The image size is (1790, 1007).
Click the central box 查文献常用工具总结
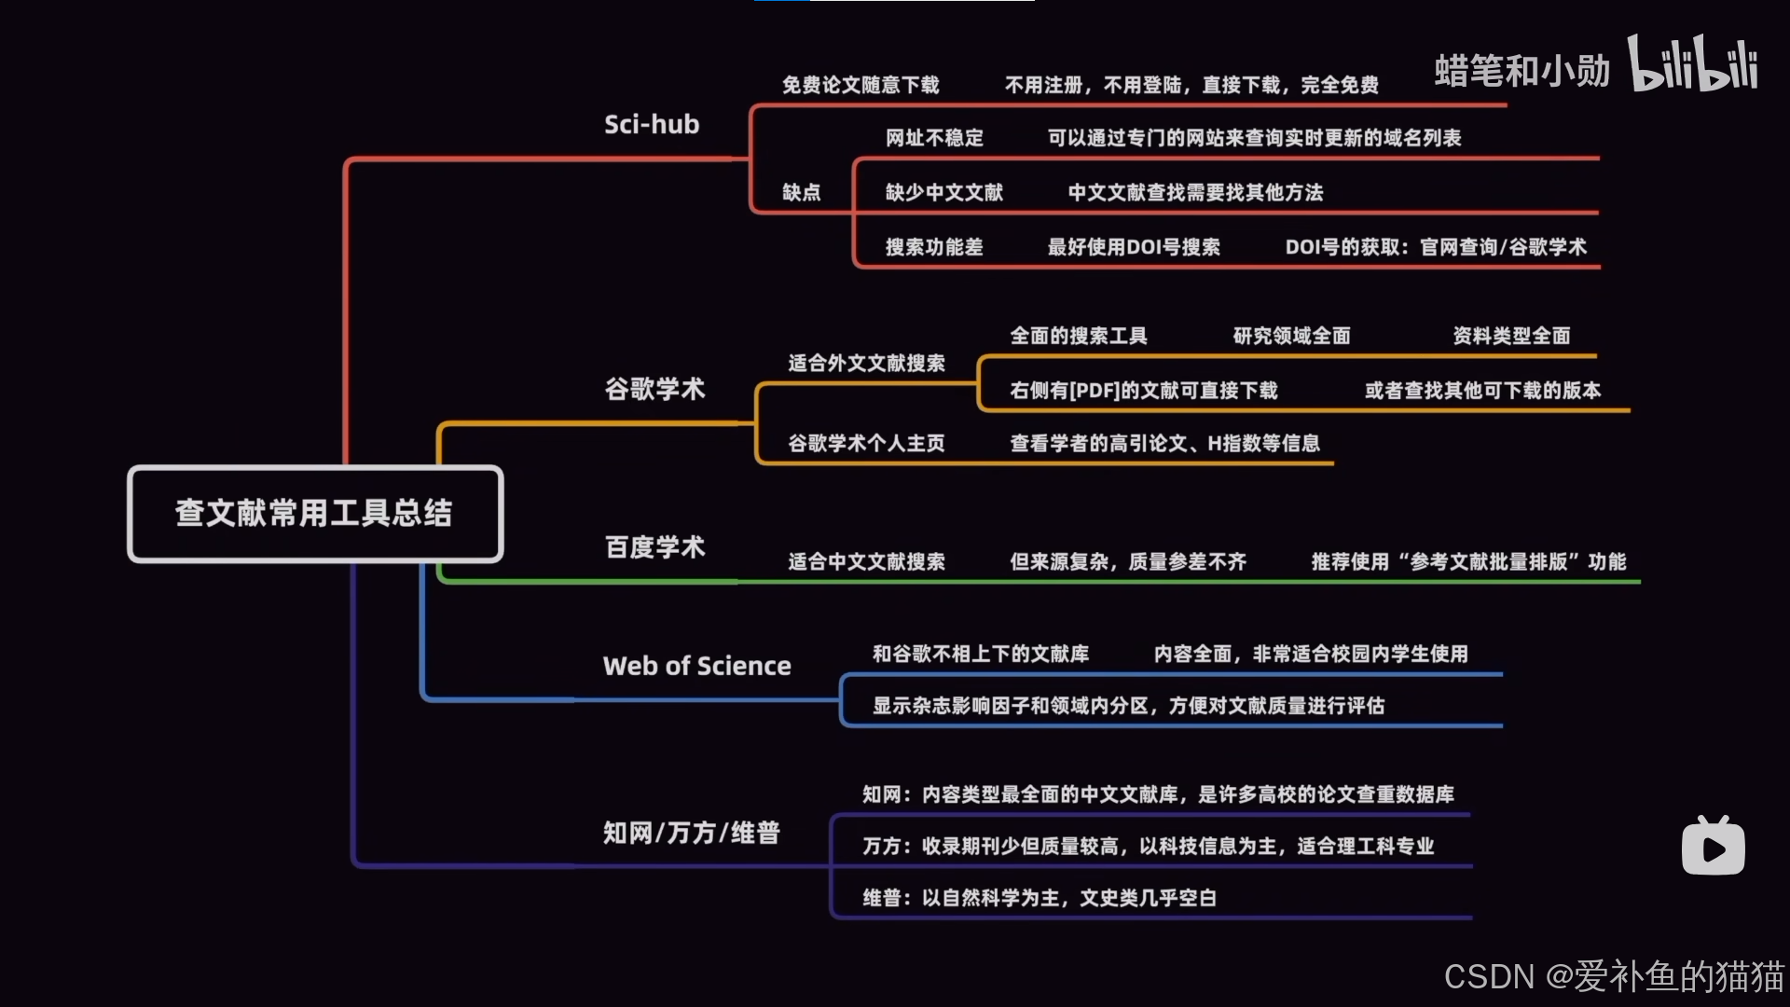(315, 514)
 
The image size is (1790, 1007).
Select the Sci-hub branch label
(652, 124)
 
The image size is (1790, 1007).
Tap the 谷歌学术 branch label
(654, 389)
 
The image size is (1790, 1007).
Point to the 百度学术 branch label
(654, 547)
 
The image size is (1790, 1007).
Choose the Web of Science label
(696, 666)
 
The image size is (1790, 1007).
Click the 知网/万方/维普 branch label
(691, 833)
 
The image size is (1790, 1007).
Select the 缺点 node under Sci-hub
(801, 192)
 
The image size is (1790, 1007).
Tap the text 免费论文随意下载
(860, 85)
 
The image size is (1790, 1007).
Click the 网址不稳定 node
(934, 138)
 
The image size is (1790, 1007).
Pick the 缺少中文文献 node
(943, 192)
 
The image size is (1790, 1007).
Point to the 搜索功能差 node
(934, 247)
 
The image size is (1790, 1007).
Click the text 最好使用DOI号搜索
(1134, 247)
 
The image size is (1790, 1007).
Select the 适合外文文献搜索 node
(866, 363)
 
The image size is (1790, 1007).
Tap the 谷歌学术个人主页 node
(866, 443)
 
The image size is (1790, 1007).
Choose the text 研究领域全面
(1291, 336)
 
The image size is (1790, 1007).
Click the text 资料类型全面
(1511, 336)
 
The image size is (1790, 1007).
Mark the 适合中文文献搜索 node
(866, 561)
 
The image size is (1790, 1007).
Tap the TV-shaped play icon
(1713, 847)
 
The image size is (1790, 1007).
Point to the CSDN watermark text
(1613, 976)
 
